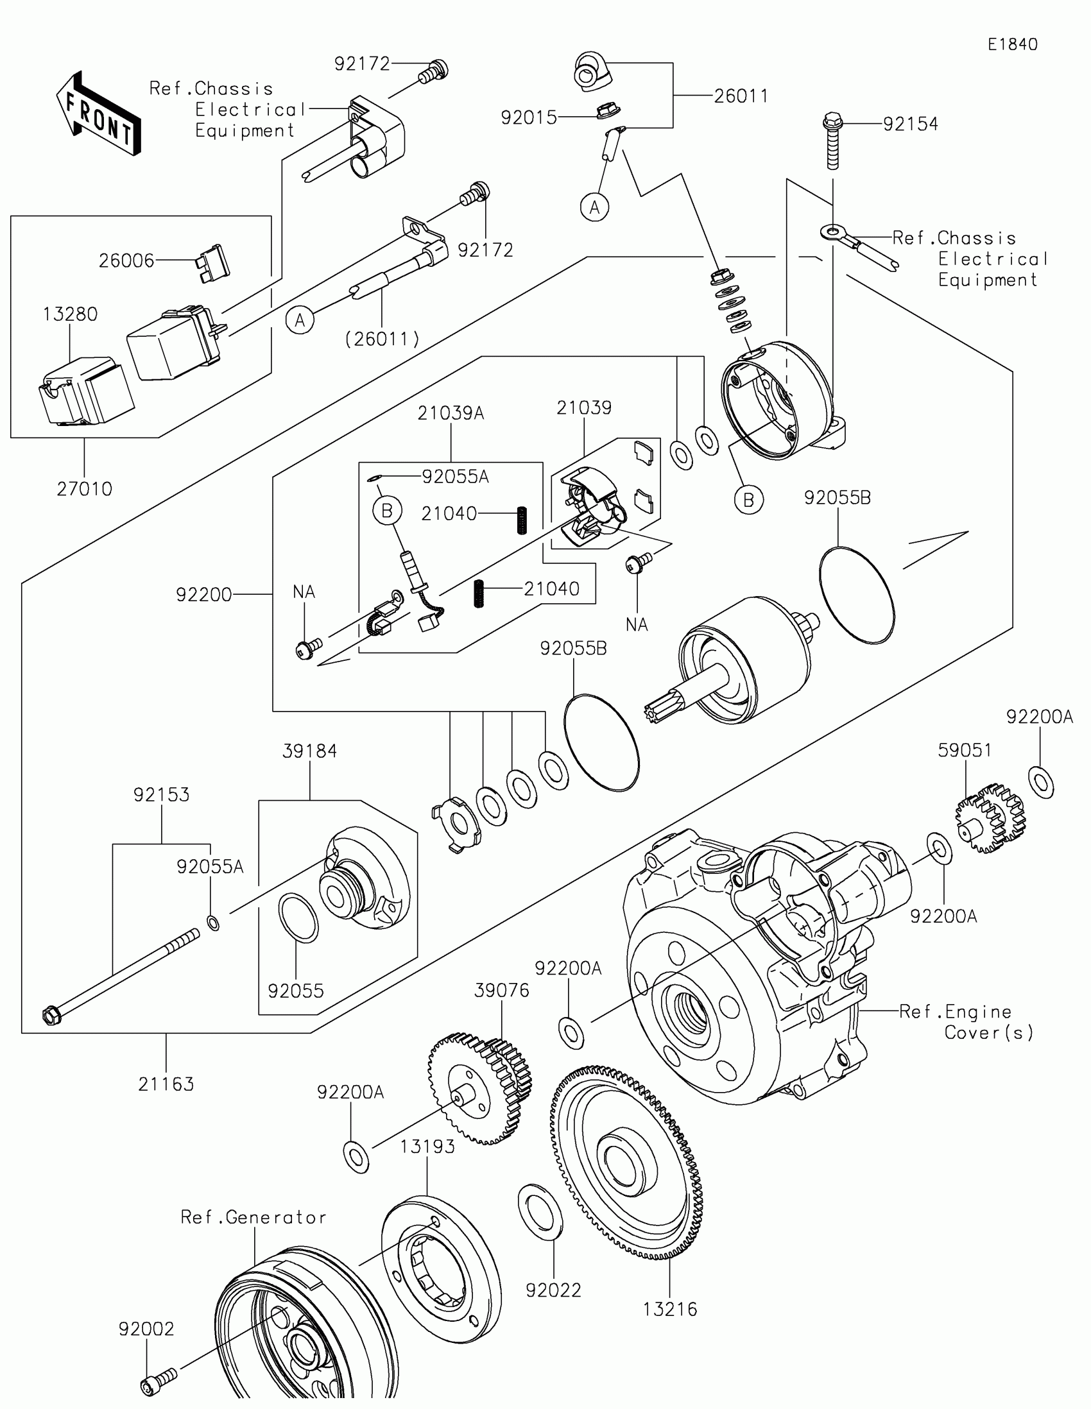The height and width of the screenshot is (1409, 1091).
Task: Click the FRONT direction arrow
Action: click(99, 114)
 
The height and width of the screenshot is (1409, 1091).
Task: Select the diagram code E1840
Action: click(1012, 44)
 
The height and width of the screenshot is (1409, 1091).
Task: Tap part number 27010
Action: click(85, 489)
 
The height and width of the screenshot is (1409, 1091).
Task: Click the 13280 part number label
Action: click(71, 314)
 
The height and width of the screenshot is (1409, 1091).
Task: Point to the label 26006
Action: click(126, 260)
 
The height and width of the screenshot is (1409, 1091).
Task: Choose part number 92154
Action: click(911, 124)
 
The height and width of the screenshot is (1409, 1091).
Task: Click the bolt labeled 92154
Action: click(833, 141)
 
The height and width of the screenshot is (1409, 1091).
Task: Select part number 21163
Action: click(166, 1084)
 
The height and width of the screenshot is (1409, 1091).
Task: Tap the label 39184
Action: click(310, 751)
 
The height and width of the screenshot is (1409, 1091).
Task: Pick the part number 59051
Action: click(965, 750)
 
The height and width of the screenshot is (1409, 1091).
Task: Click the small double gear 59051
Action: click(989, 818)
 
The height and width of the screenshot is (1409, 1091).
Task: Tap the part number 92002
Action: click(146, 1329)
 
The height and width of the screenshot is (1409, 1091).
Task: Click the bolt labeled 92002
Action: click(158, 1382)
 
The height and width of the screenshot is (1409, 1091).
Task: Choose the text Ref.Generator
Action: click(253, 1217)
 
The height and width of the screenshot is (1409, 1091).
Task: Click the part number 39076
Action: click(501, 990)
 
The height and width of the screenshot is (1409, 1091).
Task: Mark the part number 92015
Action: click(528, 117)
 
